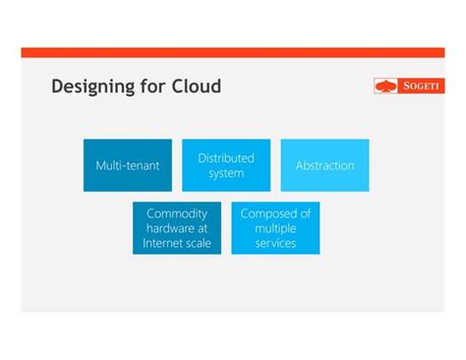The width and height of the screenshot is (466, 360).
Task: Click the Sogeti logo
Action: point(409,86)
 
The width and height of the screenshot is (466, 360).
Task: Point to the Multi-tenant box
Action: point(127,165)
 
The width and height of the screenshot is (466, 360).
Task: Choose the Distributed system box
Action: point(226,165)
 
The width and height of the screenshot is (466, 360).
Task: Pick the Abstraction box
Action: point(324,165)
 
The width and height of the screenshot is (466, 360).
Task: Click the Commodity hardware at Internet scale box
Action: point(177,228)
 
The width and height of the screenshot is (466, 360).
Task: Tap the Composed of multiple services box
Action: point(275,228)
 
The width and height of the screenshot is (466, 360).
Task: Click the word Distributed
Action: point(226,157)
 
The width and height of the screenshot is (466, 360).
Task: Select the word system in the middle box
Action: point(226,174)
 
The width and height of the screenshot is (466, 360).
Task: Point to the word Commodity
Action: point(177,213)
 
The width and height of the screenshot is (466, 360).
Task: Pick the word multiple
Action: point(275,228)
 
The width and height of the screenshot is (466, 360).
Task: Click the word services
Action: point(275,243)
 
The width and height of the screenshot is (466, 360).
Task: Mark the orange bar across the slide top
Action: point(233,52)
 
